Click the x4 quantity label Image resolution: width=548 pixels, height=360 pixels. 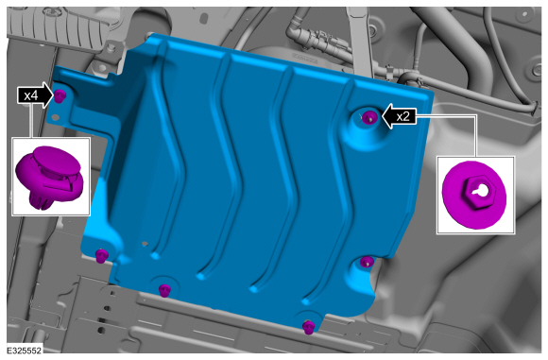point(31,95)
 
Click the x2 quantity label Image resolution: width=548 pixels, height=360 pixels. point(402,116)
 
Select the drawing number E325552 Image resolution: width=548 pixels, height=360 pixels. point(24,351)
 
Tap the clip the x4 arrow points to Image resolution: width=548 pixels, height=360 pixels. point(60,95)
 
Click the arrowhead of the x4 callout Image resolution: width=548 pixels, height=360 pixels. point(48,95)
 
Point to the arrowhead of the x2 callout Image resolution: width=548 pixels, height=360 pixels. point(387,116)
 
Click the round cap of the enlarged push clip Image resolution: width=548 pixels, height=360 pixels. point(55,161)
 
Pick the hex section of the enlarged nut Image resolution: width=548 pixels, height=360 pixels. point(480,192)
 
